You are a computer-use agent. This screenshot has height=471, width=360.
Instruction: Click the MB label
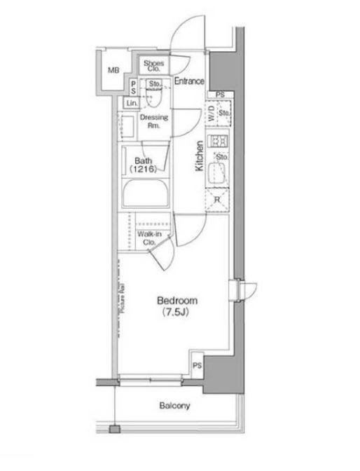pos(113,71)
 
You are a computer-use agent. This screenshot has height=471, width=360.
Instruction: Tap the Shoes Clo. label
pos(154,67)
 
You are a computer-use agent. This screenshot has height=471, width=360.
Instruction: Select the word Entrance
pos(189,81)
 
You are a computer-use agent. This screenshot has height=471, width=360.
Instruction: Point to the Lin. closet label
pos(132,103)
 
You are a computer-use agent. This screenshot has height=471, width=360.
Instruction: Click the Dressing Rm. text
pos(153,121)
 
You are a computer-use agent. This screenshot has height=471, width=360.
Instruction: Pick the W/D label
pos(211,116)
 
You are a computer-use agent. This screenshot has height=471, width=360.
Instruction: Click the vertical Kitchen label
pos(200,156)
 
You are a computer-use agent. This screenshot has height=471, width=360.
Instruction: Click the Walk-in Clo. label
pos(148,238)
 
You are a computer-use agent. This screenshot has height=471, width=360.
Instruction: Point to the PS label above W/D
pos(220,95)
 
